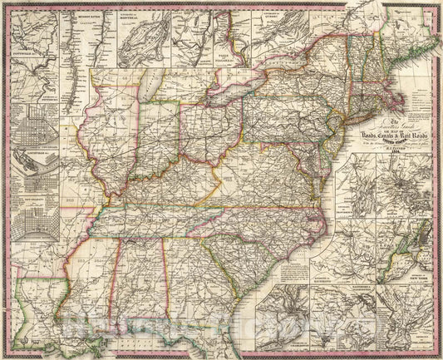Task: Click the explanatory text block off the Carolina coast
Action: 298,270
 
